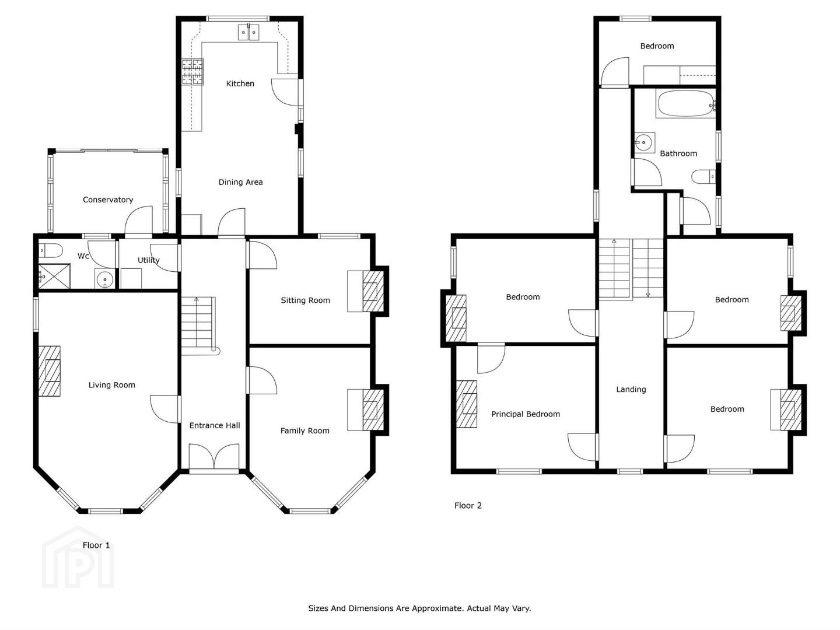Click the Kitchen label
(240, 83)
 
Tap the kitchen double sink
(249, 32)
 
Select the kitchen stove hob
(192, 72)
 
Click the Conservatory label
(108, 199)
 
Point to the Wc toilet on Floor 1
(51, 250)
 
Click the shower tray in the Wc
(55, 276)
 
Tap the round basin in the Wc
(104, 279)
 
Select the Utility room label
(149, 261)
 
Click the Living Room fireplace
(50, 371)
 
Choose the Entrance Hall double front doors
(214, 456)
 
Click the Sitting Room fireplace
(373, 291)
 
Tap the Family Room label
(305, 430)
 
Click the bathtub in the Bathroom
(685, 103)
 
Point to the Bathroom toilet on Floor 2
(703, 176)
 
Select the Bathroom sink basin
(644, 143)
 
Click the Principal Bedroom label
(526, 414)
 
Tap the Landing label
(631, 390)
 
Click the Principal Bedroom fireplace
(467, 404)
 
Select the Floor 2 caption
(468, 505)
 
